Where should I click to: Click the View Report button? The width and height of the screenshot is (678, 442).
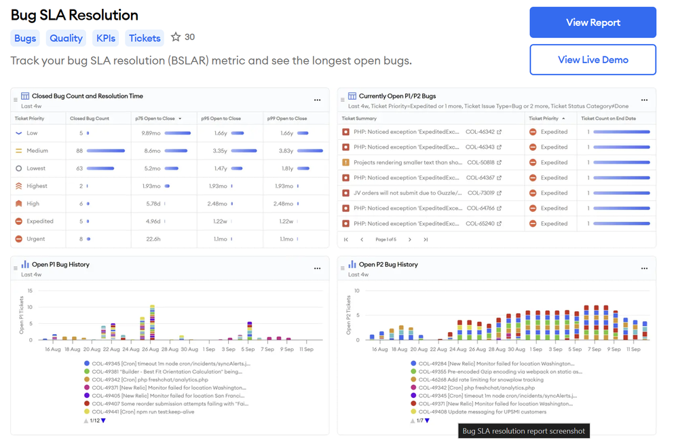(x=592, y=22)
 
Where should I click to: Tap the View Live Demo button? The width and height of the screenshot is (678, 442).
(x=592, y=60)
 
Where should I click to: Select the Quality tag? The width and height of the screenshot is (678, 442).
(x=66, y=38)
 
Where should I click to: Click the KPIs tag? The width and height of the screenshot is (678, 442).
(x=106, y=38)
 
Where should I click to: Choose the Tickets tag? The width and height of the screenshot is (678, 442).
(x=145, y=38)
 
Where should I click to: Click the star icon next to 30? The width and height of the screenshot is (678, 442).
(x=176, y=37)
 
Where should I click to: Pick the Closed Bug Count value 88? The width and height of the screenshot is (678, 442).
(x=79, y=151)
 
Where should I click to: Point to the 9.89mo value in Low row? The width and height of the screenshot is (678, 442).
(x=150, y=133)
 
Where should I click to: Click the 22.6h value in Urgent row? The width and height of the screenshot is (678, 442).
(x=153, y=239)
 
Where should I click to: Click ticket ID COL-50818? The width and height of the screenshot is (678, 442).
(x=483, y=163)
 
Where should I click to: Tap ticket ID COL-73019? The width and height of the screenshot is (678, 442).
(x=481, y=194)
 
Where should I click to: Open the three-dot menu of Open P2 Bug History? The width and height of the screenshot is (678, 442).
(x=644, y=268)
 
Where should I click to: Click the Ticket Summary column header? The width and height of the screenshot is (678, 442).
(x=359, y=118)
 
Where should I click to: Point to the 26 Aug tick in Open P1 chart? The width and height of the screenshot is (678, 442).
(x=151, y=350)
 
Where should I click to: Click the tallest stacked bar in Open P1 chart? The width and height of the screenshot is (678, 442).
(x=152, y=323)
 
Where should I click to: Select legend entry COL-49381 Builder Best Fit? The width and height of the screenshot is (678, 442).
(x=166, y=371)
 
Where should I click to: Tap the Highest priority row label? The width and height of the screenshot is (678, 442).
(x=37, y=186)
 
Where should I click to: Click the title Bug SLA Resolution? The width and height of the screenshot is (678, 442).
(x=75, y=15)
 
